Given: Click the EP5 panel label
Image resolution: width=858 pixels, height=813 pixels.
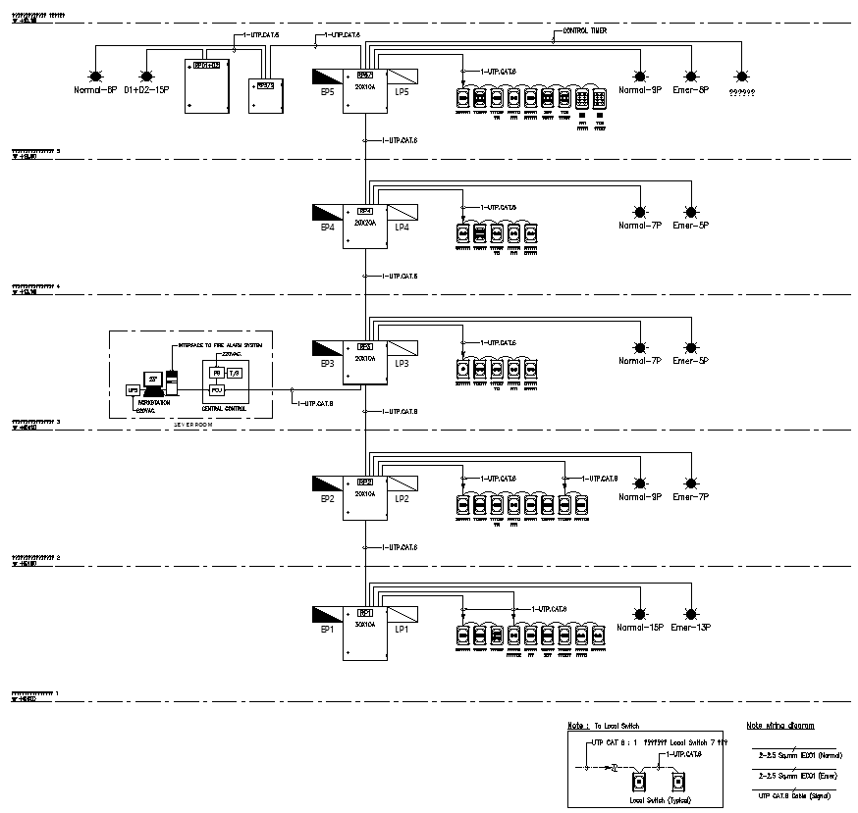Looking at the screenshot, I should [x=327, y=92].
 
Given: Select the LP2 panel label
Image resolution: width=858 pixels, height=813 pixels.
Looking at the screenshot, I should [x=402, y=498].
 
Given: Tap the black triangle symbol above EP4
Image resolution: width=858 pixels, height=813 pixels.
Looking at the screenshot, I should [x=327, y=212].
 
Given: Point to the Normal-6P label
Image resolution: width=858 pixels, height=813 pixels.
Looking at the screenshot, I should [x=95, y=90].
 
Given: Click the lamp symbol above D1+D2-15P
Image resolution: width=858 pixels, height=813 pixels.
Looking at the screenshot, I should [x=146, y=76].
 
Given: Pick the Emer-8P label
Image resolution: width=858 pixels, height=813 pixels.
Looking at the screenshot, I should [x=690, y=90].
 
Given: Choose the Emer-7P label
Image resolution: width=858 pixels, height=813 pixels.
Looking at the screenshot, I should [x=690, y=497].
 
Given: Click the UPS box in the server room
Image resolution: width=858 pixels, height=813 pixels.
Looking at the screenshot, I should [x=134, y=390].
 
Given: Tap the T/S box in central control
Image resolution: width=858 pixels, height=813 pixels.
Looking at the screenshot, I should [x=234, y=373].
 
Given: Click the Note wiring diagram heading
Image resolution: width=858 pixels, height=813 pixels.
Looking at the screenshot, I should [x=779, y=726].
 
